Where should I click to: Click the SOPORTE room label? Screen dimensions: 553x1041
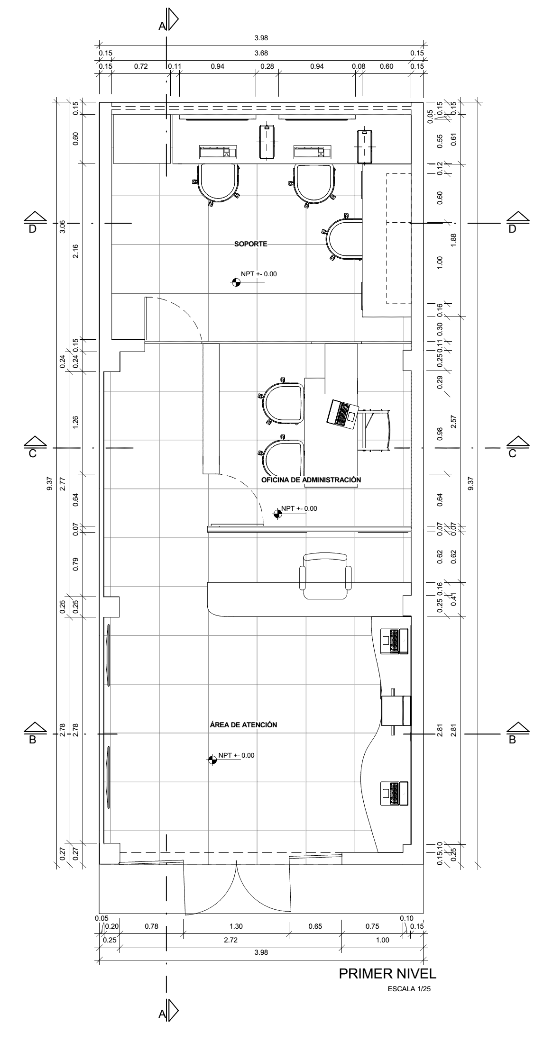pyautogui.click(x=251, y=244)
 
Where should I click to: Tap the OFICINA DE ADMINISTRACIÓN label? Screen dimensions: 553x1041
pyautogui.click(x=311, y=480)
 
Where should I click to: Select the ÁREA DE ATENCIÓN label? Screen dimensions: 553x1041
pyautogui.click(x=243, y=724)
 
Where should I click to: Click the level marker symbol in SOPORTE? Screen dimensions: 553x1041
pyautogui.click(x=236, y=282)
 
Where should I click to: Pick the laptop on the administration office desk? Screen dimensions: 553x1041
pyautogui.click(x=342, y=413)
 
